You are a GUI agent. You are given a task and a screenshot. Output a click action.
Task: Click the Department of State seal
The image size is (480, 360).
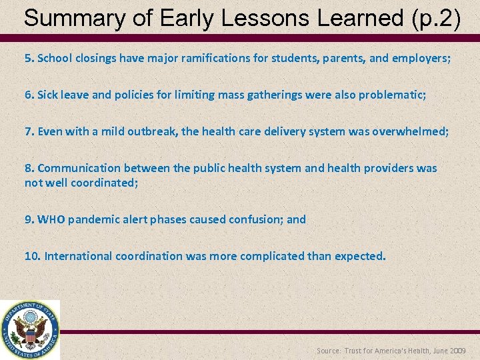(30, 330)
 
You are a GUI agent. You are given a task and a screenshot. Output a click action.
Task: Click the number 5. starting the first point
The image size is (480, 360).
(29, 58)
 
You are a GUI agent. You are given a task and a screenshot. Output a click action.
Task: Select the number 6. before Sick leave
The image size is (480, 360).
(29, 95)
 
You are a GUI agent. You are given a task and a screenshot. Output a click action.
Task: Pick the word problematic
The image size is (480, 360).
(392, 95)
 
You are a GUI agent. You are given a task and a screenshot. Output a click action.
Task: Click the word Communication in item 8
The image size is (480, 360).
(75, 168)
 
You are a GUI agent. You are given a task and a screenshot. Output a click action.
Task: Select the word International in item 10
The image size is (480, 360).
(79, 255)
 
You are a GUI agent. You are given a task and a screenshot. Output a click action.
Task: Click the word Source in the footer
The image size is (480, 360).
(328, 351)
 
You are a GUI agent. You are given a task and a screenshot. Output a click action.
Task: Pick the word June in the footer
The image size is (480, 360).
(437, 351)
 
